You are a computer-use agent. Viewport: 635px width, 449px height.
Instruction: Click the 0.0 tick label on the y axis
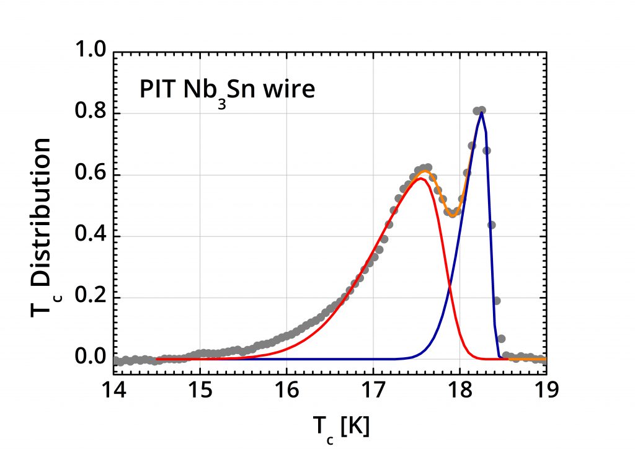(x=90, y=358)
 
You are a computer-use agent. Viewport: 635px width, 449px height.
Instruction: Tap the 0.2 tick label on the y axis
(x=90, y=297)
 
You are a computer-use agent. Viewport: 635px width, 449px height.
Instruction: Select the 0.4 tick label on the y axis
(x=90, y=236)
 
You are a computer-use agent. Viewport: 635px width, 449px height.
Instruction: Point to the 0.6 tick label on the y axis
(x=90, y=175)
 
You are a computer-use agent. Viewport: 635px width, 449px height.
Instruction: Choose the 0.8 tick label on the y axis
(x=90, y=113)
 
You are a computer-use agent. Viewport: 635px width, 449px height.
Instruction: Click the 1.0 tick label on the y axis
(x=90, y=53)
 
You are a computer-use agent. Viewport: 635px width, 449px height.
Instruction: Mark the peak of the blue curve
(x=481, y=112)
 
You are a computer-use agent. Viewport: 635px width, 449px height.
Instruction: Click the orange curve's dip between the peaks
(x=453, y=215)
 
